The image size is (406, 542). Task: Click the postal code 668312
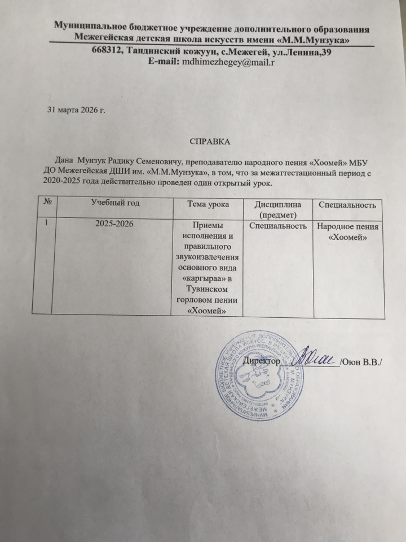[x=109, y=51]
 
